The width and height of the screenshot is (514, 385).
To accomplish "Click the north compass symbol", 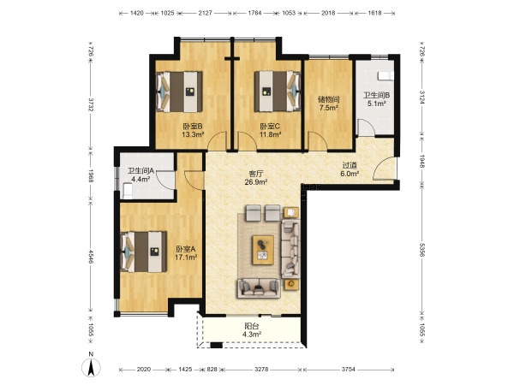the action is (91, 367).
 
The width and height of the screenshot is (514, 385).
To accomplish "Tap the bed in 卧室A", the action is (143, 252).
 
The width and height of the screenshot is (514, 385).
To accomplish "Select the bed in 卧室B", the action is (179, 92).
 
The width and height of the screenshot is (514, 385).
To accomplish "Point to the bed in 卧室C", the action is (278, 91).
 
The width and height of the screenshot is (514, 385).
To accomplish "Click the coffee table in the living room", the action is (263, 250).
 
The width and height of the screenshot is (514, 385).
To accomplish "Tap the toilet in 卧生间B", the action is (385, 76).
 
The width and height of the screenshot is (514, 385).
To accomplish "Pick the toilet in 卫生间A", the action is (127, 191).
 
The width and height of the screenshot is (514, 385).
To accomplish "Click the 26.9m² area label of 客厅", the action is (256, 182).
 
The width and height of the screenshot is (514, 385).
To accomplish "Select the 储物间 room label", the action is (328, 99).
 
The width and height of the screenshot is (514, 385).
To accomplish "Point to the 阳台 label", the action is (252, 327).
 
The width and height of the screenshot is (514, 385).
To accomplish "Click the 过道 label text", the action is (350, 166).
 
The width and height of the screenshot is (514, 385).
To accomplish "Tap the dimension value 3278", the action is (261, 370).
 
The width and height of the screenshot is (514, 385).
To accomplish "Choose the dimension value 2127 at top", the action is (206, 13).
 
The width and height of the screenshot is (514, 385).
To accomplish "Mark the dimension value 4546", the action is (91, 257).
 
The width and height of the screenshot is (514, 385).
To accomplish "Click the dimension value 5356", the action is (421, 250).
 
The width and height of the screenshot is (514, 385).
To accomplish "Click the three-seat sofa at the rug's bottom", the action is (259, 288).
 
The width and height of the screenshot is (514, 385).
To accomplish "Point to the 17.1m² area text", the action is (186, 258).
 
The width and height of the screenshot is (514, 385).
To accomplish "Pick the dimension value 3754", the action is (348, 370).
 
